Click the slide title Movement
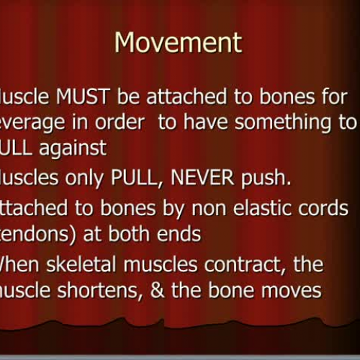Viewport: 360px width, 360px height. tap(179, 42)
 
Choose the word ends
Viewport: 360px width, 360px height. tap(182, 234)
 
